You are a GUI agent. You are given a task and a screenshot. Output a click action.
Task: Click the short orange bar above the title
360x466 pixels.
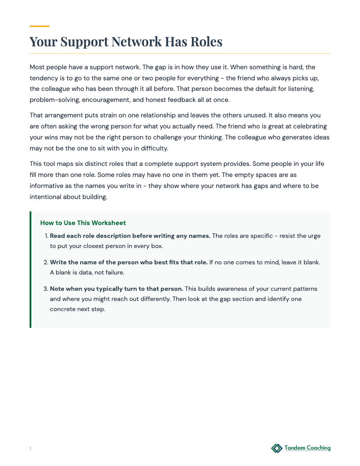pyautogui.click(x=39, y=26)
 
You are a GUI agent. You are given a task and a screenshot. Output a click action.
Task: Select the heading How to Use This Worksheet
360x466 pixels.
pyautogui.click(x=83, y=223)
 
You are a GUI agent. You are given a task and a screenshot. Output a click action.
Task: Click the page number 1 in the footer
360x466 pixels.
pyautogui.click(x=30, y=449)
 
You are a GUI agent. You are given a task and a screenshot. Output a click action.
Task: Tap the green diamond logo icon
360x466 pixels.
pyautogui.click(x=277, y=448)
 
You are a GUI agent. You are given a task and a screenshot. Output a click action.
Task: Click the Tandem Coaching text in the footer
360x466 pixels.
pyautogui.click(x=307, y=448)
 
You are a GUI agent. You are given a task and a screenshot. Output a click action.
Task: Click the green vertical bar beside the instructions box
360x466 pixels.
pyautogui.click(x=30, y=270)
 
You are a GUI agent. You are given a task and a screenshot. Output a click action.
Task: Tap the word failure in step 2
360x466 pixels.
pyautogui.click(x=113, y=273)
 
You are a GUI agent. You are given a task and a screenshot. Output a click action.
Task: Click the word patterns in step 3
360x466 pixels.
pyautogui.click(x=303, y=289)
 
